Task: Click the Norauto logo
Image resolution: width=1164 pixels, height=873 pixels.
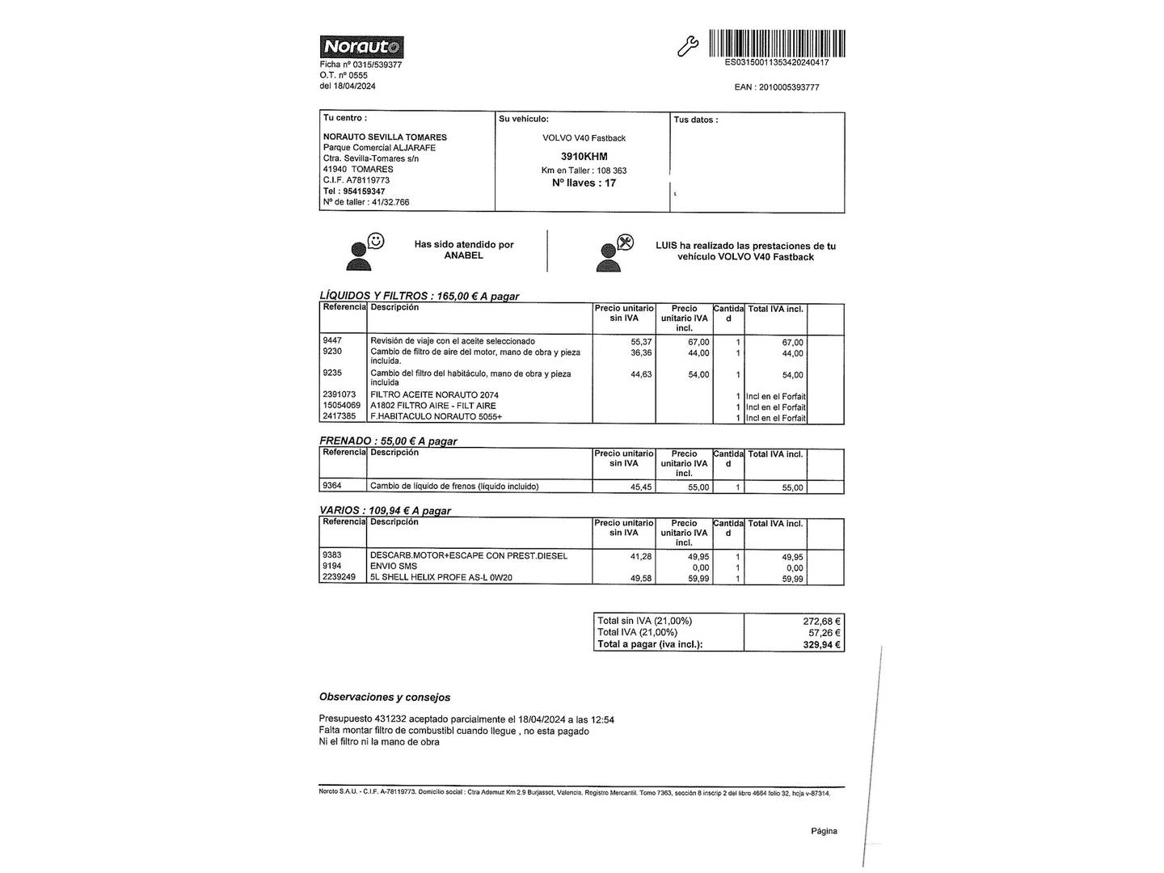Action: click(x=361, y=47)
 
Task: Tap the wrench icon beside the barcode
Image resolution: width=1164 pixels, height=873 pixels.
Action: click(x=687, y=47)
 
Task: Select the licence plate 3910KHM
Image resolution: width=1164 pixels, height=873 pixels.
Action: click(x=584, y=156)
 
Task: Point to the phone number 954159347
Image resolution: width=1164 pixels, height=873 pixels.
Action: click(x=364, y=192)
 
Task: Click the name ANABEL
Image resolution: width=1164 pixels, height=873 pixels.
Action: click(x=463, y=255)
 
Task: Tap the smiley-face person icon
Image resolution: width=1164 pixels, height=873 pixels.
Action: click(x=364, y=251)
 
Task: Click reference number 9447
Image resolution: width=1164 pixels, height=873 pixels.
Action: click(x=332, y=341)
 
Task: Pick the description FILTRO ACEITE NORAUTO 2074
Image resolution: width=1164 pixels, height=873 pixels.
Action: click(x=434, y=395)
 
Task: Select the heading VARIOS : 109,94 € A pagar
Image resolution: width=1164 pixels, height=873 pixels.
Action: click(x=385, y=511)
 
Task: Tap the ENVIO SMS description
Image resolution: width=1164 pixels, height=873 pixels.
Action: click(x=394, y=567)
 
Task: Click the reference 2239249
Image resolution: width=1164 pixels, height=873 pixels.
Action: click(x=339, y=578)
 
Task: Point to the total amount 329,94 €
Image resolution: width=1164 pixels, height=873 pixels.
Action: click(x=821, y=645)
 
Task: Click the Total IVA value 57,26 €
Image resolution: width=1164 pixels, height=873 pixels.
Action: click(x=824, y=633)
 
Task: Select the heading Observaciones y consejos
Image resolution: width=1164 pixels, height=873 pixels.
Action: click(x=385, y=697)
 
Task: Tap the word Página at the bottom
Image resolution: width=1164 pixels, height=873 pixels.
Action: click(x=824, y=831)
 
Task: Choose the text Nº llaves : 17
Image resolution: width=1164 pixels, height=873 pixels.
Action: click(x=584, y=183)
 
